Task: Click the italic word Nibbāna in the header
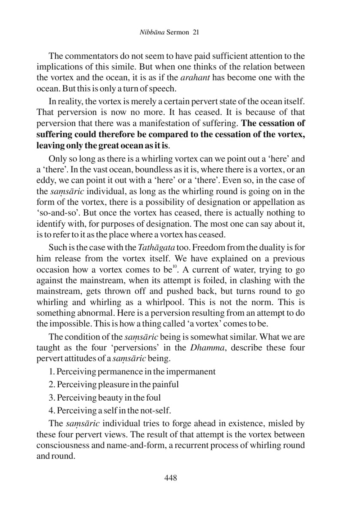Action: pyautogui.click(x=152, y=32)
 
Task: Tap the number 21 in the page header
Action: pyautogui.click(x=195, y=32)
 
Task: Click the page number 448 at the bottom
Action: pyautogui.click(x=171, y=478)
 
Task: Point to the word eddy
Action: pyautogui.click(x=45, y=181)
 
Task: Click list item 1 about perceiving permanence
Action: pyautogui.click(x=132, y=372)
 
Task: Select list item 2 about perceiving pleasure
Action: pyautogui.click(x=113, y=384)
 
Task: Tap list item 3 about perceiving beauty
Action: pyautogui.click(x=104, y=398)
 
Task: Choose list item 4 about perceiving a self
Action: pyautogui.click(x=109, y=411)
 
